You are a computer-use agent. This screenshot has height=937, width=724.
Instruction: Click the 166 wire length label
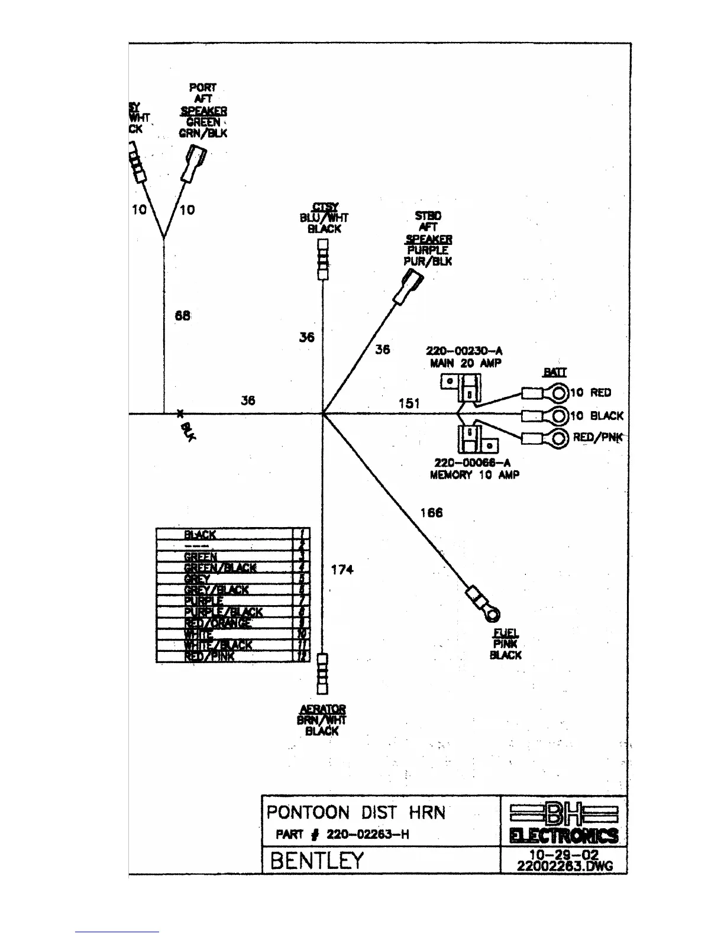(x=431, y=513)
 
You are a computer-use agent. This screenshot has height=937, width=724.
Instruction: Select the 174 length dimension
(x=342, y=570)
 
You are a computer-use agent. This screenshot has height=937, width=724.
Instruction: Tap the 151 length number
(x=409, y=403)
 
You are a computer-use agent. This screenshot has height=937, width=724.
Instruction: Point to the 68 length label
(x=183, y=316)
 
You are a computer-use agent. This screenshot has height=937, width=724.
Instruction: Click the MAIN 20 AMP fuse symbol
(x=462, y=387)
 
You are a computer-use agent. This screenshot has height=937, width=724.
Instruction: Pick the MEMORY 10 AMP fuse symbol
(x=477, y=439)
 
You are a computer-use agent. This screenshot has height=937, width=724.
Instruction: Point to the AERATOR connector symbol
(x=322, y=673)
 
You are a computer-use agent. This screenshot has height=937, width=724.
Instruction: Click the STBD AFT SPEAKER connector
(x=409, y=286)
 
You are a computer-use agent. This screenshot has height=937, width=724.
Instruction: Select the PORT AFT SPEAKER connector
(x=195, y=164)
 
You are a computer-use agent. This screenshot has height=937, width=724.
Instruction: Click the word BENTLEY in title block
(x=316, y=861)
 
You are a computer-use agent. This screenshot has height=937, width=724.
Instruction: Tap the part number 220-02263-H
(x=367, y=835)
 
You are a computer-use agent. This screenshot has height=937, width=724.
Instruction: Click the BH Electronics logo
(x=564, y=823)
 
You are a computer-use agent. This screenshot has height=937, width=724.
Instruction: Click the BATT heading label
(x=554, y=372)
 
